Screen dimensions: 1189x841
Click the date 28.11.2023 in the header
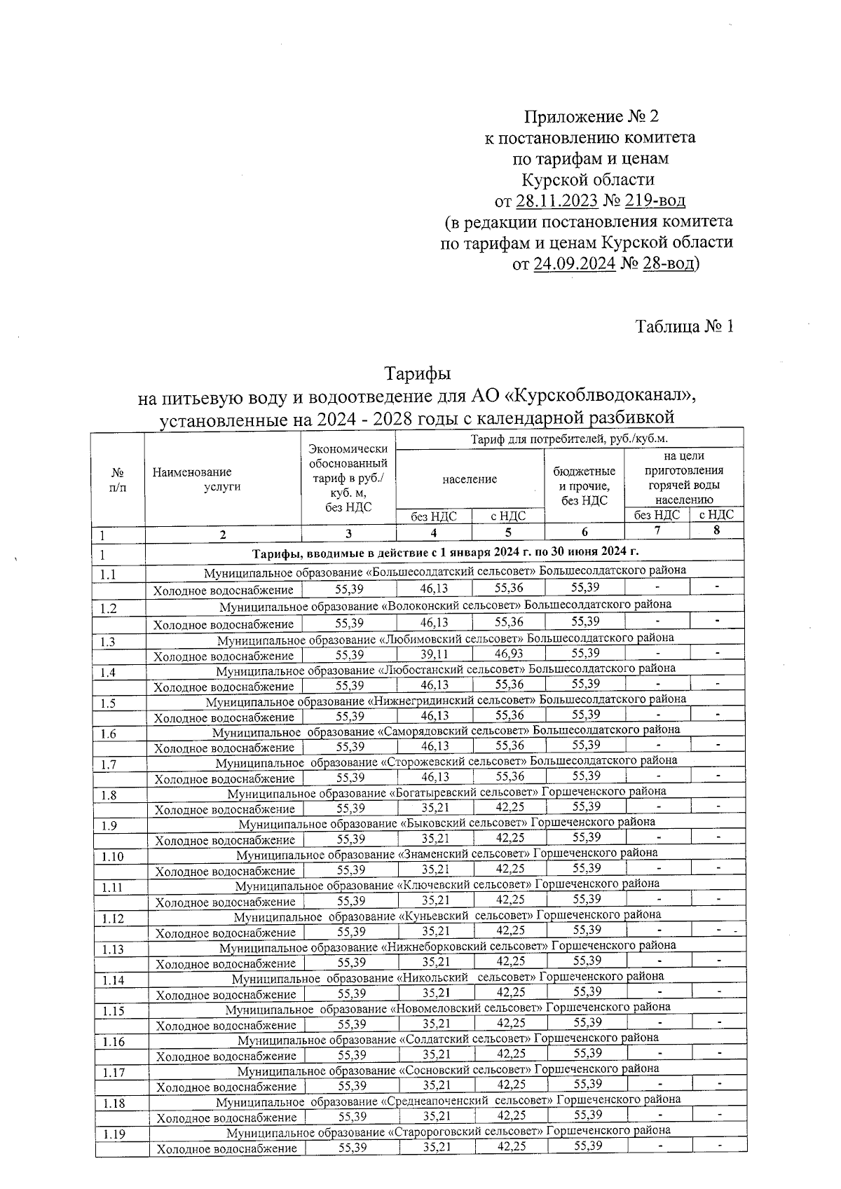(556, 201)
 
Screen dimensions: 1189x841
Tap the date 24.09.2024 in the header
(574, 264)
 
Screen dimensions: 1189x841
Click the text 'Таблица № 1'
(684, 327)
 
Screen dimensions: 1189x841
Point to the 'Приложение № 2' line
(592, 116)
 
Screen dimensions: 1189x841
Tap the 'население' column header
(470, 479)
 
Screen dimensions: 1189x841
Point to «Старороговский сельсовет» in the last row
(465, 1130)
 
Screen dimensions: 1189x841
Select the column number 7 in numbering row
(657, 530)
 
